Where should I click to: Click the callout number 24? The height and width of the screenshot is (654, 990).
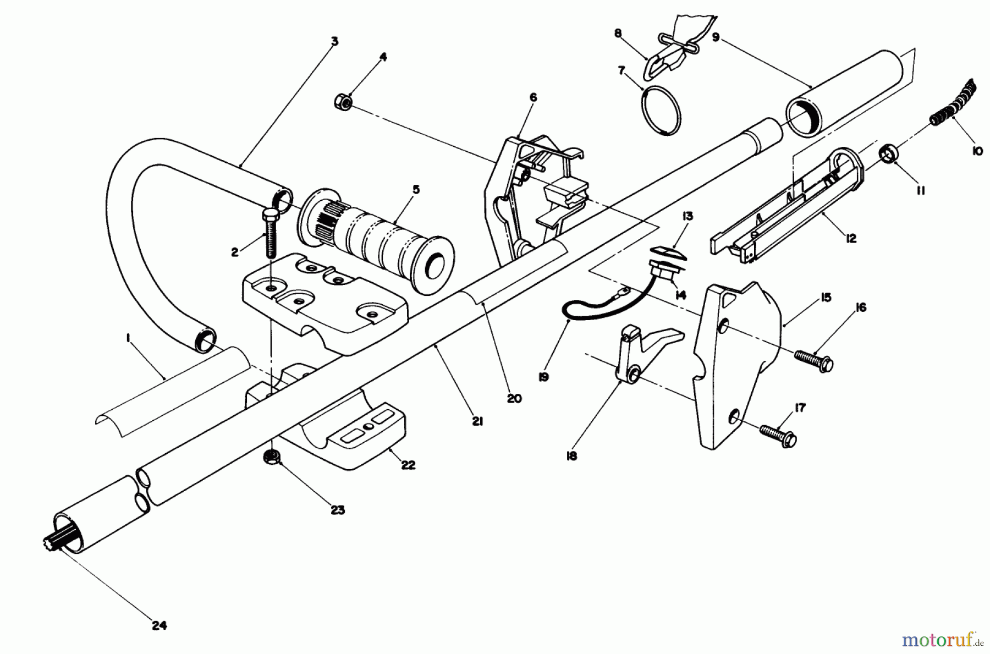tap(159, 625)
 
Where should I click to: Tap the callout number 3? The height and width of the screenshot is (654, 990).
tap(334, 42)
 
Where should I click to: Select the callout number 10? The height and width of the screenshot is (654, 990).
tap(977, 150)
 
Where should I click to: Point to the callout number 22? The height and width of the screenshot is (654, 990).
tap(408, 465)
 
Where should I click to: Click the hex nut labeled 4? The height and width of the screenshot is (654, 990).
tap(340, 101)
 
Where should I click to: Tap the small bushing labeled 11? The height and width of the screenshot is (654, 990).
tap(887, 154)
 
